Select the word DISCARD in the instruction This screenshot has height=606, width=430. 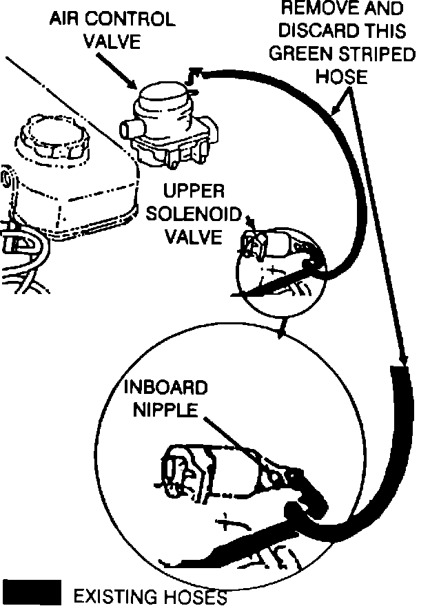pos(338,32)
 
